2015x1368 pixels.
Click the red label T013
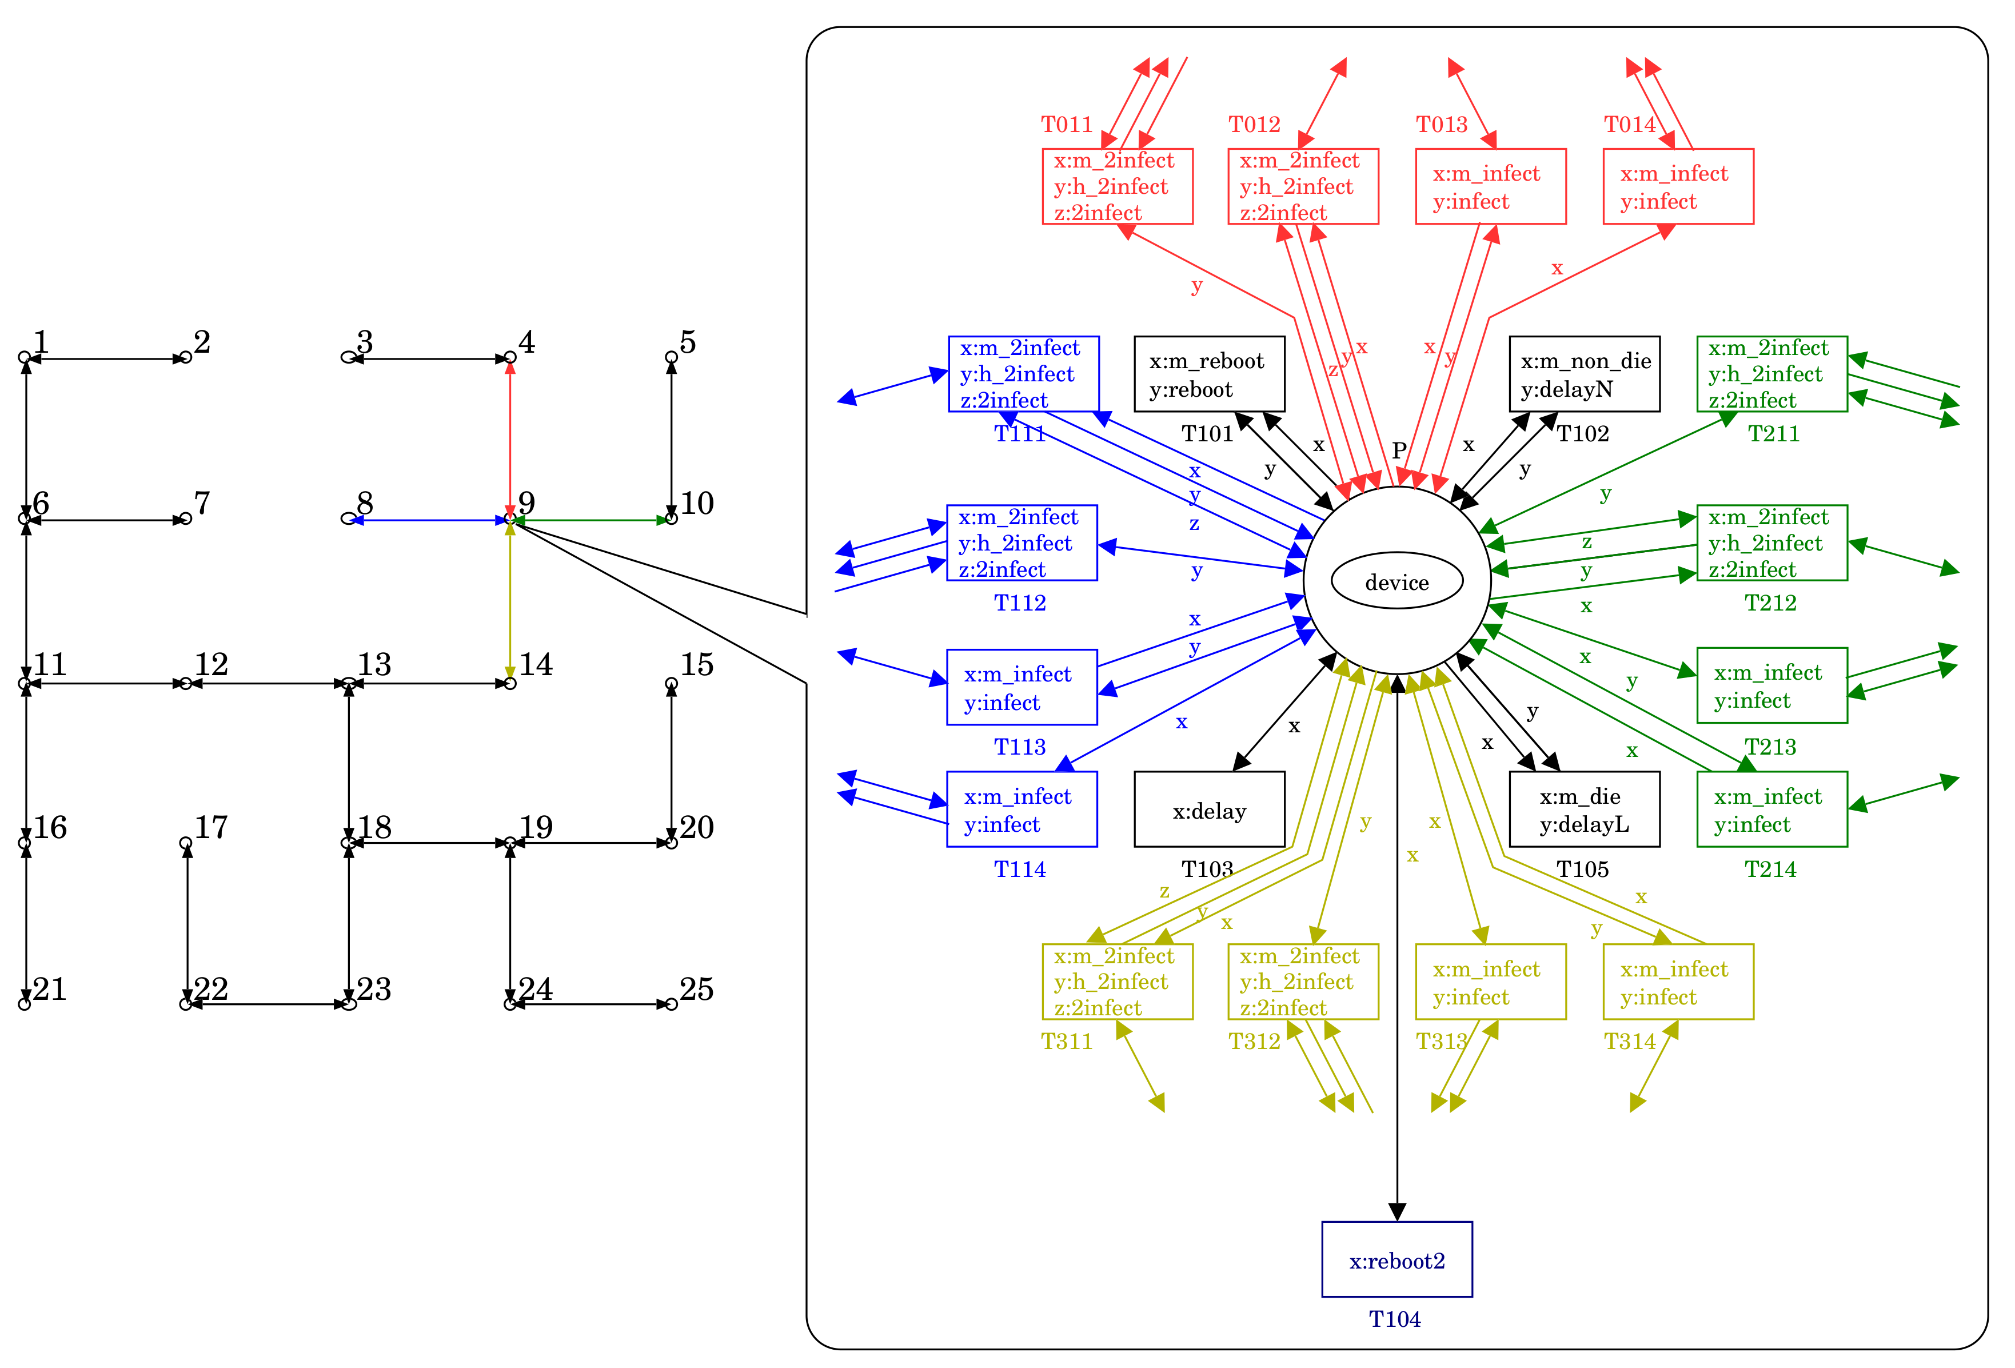click(x=1441, y=125)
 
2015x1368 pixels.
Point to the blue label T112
click(x=1020, y=603)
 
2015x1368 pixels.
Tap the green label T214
click(x=1770, y=869)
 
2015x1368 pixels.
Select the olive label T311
click(x=1067, y=1041)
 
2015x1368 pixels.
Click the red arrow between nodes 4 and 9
click(x=510, y=438)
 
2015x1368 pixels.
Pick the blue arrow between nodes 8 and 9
click(x=429, y=520)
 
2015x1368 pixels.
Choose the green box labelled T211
click(x=1771, y=374)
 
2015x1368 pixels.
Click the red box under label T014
click(x=1678, y=186)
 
